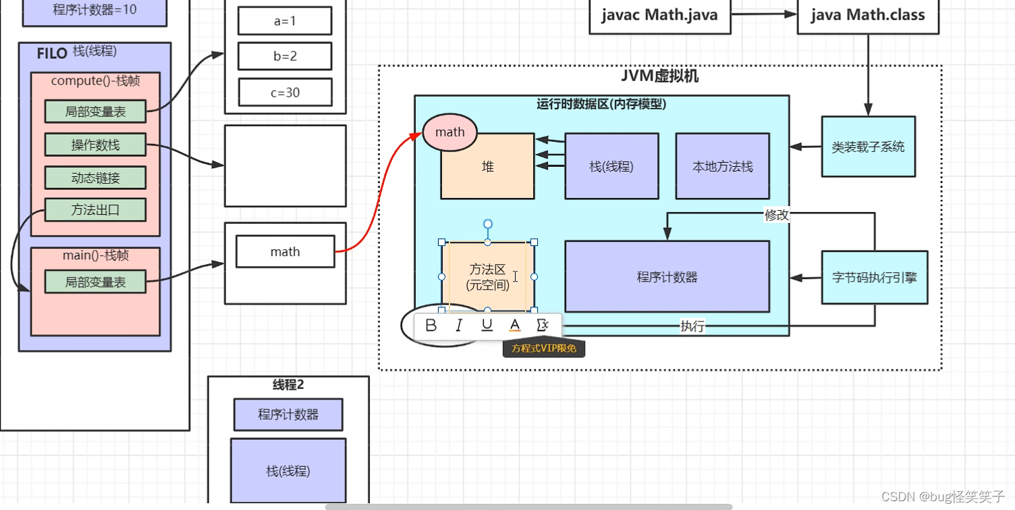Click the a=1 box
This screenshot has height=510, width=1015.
click(285, 21)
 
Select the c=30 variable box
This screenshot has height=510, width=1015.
click(285, 93)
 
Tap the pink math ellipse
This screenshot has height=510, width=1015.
click(449, 132)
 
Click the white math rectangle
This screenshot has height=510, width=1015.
click(285, 252)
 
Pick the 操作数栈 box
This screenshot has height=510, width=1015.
click(95, 145)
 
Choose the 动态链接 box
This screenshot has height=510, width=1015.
click(95, 178)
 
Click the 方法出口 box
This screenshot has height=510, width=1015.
click(95, 209)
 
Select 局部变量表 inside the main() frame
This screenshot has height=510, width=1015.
click(95, 282)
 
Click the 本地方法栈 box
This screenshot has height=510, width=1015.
click(722, 166)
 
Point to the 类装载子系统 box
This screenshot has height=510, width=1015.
click(868, 147)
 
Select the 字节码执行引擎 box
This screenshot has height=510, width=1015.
click(874, 277)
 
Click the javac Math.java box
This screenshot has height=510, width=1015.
click(659, 15)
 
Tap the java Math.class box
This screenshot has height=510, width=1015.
click(868, 15)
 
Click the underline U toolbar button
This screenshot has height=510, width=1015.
click(487, 326)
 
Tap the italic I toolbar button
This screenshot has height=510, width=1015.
click(459, 326)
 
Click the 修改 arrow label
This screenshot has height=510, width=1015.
click(776, 215)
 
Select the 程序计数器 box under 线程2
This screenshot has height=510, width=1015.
click(288, 414)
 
